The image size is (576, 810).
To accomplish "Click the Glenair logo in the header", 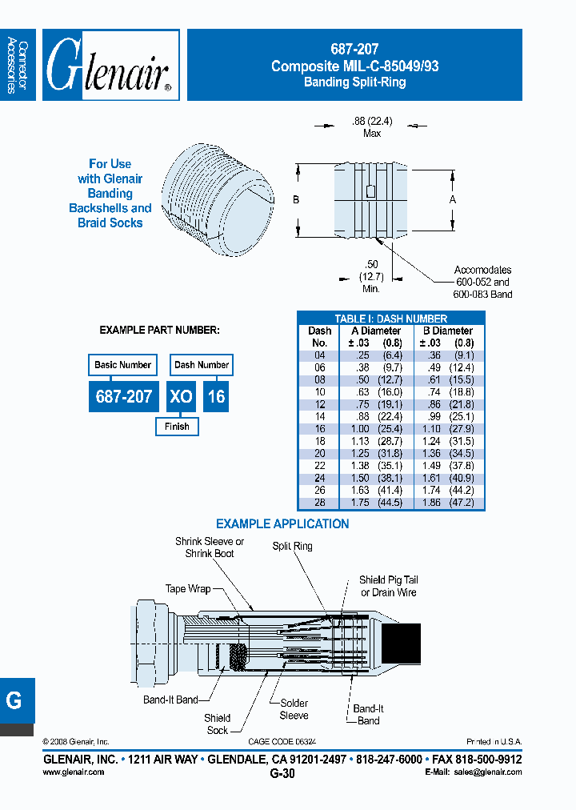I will click(x=110, y=65).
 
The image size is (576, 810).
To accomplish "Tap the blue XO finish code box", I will click(x=181, y=396).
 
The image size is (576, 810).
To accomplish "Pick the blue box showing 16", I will click(x=217, y=396).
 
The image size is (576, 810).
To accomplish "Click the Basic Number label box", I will click(x=122, y=365).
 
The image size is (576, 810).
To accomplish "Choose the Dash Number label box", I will click(x=202, y=365).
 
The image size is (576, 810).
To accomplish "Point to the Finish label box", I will click(x=177, y=427).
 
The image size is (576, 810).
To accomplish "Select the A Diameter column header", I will click(x=375, y=331).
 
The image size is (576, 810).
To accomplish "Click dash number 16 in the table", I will click(x=319, y=429).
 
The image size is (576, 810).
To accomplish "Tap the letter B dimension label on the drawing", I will click(x=295, y=199).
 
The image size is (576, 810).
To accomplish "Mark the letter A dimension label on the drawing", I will click(x=452, y=199).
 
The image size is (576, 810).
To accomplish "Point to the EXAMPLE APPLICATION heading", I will click(x=282, y=524).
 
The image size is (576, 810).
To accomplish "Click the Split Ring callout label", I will click(x=292, y=546).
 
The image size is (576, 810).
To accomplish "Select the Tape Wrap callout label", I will click(x=188, y=589).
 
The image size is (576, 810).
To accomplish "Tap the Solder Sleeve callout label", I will click(x=294, y=708).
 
